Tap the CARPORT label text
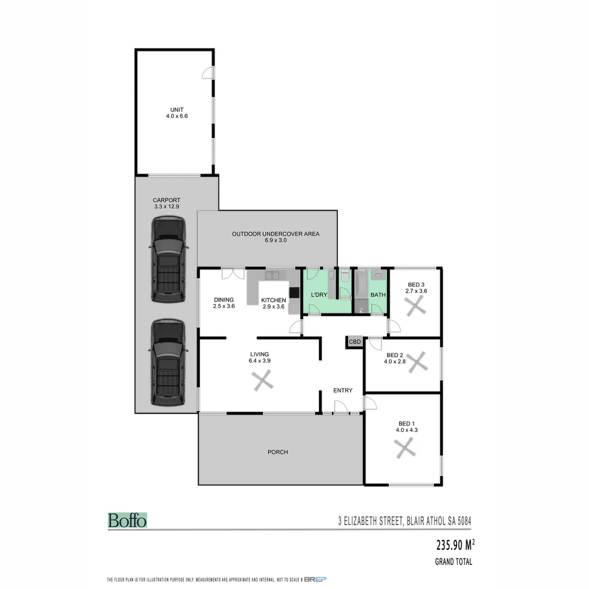[166, 203]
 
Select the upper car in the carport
[169, 260]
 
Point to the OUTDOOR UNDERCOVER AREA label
[275, 237]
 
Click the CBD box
[354, 342]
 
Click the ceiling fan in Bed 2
[418, 362]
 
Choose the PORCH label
[278, 452]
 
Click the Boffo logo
[127, 520]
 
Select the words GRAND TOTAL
[453, 562]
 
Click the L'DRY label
[318, 295]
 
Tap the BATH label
[378, 295]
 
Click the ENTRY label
[343, 390]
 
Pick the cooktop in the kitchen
[294, 292]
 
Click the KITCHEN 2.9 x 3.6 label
[273, 303]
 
